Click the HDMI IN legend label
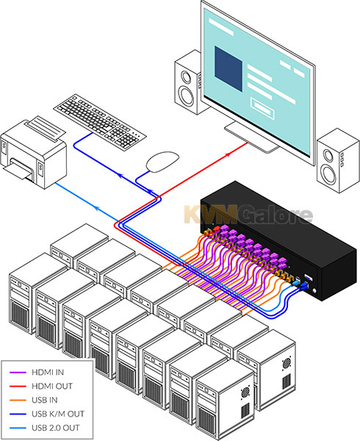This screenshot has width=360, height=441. (48, 373)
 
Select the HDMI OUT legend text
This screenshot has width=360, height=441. (52, 386)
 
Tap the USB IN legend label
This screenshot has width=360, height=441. (44, 400)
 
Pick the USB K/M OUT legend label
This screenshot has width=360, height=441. (58, 414)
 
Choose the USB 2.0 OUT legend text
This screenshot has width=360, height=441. (56, 428)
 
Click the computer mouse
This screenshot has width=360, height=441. (162, 162)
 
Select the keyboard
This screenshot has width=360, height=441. (100, 121)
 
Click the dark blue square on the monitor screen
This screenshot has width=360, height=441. (228, 69)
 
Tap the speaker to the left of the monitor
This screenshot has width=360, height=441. (188, 83)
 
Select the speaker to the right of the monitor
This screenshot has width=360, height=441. (338, 160)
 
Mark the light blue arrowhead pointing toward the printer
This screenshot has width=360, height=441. (96, 208)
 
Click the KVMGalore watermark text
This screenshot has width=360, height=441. (248, 215)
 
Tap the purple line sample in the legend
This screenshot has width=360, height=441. (18, 373)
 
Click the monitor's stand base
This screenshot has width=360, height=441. (251, 138)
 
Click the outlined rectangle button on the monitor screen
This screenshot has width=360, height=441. (262, 108)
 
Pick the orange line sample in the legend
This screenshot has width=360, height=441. (18, 400)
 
